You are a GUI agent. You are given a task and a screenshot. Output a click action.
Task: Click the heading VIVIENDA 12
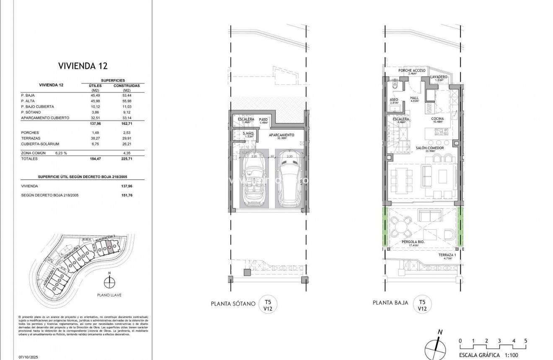coord(83,66)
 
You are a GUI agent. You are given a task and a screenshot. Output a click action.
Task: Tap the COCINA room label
coord(437,119)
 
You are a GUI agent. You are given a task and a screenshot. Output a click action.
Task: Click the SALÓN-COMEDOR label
coord(430,148)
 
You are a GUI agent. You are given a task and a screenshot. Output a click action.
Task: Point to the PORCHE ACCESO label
coord(412,70)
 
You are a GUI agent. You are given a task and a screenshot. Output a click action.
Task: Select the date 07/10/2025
coord(28,357)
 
